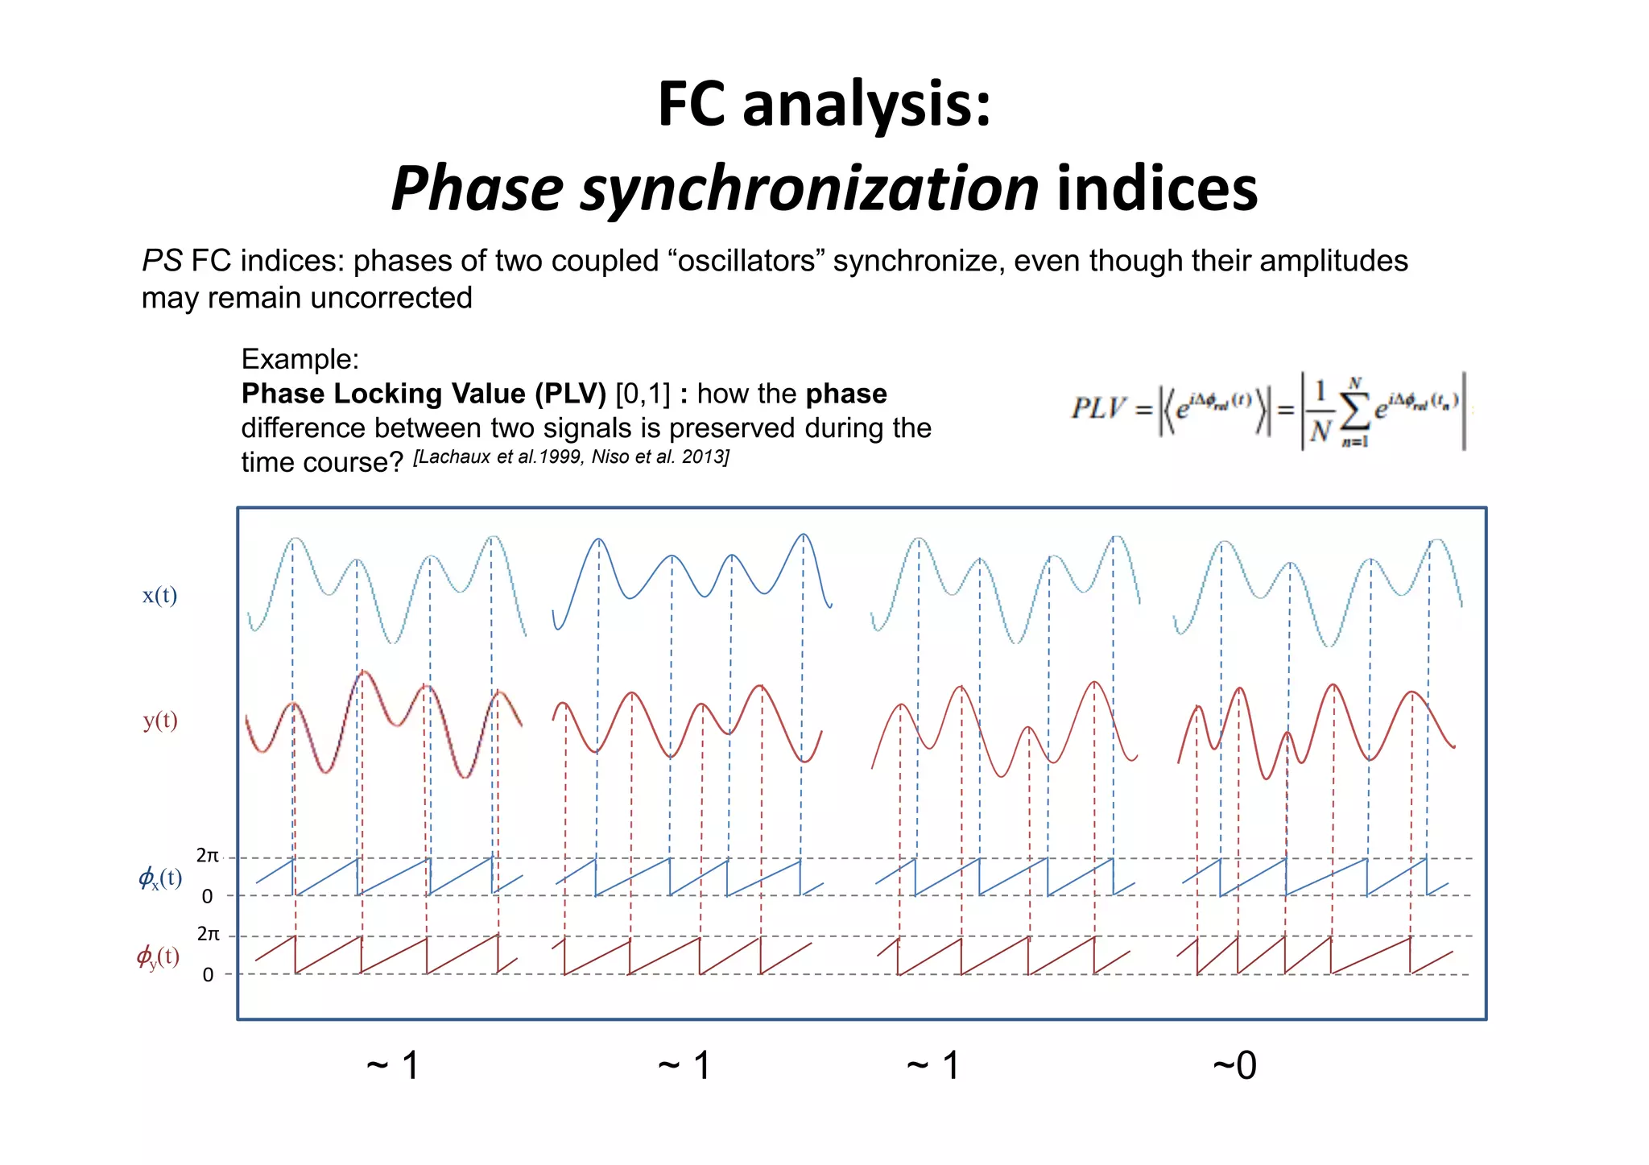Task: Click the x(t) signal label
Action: point(159,595)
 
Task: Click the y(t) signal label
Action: point(160,720)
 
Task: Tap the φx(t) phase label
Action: point(160,877)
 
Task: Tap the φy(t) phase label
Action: point(158,956)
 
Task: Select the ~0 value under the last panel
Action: point(1234,1066)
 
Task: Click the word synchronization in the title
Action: point(809,189)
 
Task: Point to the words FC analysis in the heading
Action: point(824,105)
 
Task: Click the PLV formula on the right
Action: point(1268,411)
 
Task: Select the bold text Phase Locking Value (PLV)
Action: point(424,394)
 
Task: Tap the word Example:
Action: point(300,359)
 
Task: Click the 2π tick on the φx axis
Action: point(208,856)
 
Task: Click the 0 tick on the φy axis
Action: point(208,975)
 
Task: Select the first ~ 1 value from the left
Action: point(393,1066)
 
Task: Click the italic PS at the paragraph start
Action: point(162,262)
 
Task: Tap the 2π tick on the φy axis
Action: point(208,934)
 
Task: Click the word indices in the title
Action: point(1157,189)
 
